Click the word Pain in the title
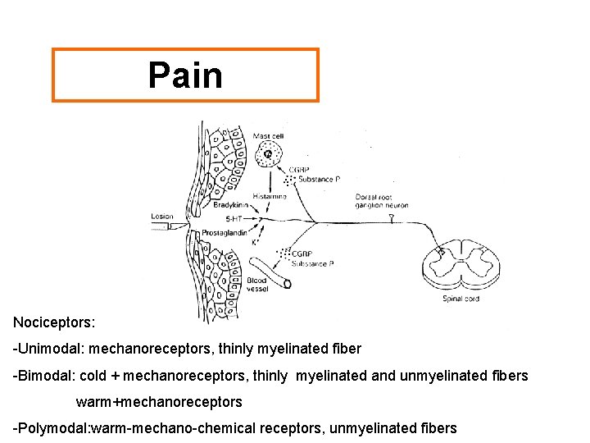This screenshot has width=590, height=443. click(x=185, y=75)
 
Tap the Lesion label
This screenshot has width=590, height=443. click(x=162, y=217)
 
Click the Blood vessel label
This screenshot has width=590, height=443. click(x=256, y=285)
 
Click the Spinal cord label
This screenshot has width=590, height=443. click(x=460, y=299)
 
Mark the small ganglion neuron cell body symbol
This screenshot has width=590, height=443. click(x=391, y=219)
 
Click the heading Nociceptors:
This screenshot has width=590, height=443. click(x=50, y=322)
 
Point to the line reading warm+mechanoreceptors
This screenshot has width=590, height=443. click(x=159, y=402)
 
